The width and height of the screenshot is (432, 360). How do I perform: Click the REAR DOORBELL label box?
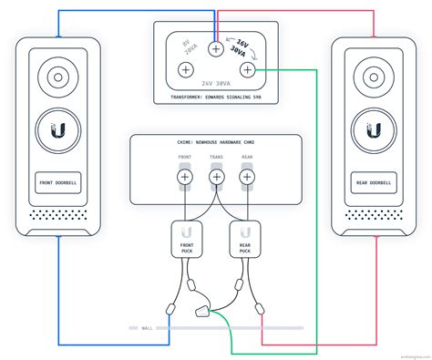pyautogui.click(x=371, y=182)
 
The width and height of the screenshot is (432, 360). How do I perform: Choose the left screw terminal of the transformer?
pyautogui.click(x=186, y=70)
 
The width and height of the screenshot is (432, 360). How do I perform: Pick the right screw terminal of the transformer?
pyautogui.click(x=246, y=70)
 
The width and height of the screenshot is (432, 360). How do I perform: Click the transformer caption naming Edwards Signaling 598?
pyautogui.click(x=216, y=97)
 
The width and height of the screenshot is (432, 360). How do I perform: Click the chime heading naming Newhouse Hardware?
pyautogui.click(x=216, y=144)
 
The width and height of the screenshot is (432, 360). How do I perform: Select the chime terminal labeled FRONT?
pyautogui.click(x=185, y=176)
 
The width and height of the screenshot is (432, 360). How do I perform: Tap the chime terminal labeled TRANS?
pyautogui.click(x=216, y=176)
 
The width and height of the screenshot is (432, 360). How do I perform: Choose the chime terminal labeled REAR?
pyautogui.click(x=246, y=176)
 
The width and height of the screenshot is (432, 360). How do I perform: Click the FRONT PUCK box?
pyautogui.click(x=186, y=240)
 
